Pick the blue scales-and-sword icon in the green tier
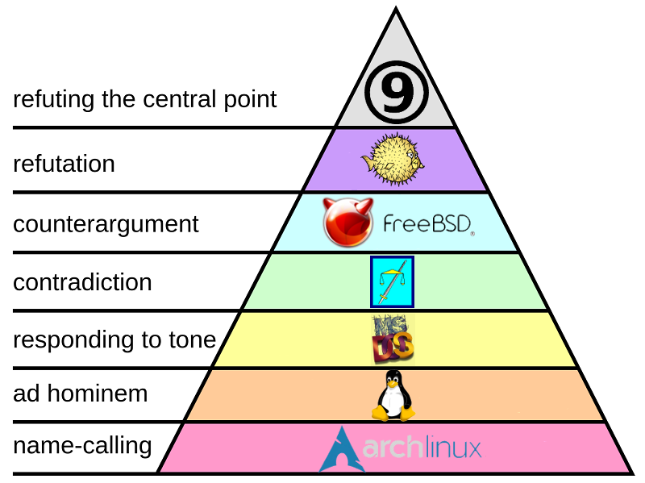392,281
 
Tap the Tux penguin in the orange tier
393,395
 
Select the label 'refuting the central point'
145,99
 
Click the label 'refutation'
64,164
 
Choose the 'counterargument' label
106,223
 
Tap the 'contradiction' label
82,282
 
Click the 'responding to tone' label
114,339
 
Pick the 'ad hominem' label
81,393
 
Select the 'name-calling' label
82,444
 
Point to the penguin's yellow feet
393,414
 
